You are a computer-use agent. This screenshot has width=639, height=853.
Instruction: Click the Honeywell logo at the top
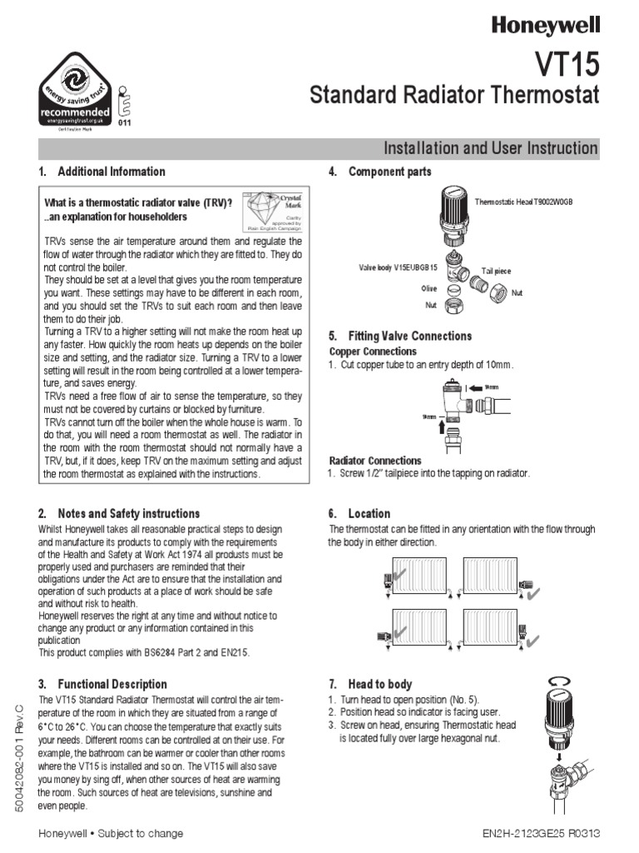tap(545, 25)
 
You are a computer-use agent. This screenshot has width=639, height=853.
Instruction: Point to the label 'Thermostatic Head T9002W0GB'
tap(523, 202)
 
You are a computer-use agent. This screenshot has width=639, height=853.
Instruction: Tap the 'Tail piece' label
tap(497, 272)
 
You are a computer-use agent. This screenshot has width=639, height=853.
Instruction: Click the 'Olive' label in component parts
tap(429, 287)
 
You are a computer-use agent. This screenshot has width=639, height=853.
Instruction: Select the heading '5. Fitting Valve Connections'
tap(399, 336)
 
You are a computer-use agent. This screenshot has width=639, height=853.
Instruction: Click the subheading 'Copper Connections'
tap(373, 352)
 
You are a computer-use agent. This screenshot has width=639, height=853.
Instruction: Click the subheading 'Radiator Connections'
tap(375, 461)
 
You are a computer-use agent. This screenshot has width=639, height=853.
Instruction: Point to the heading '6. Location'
tap(359, 513)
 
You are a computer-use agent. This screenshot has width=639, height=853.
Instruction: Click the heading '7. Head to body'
tap(370, 684)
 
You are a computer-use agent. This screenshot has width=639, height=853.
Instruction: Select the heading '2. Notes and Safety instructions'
tap(119, 513)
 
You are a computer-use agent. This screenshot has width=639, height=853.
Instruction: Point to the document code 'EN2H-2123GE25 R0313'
tap(541, 833)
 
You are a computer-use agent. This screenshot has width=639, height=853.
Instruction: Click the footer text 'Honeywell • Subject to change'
tap(111, 833)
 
